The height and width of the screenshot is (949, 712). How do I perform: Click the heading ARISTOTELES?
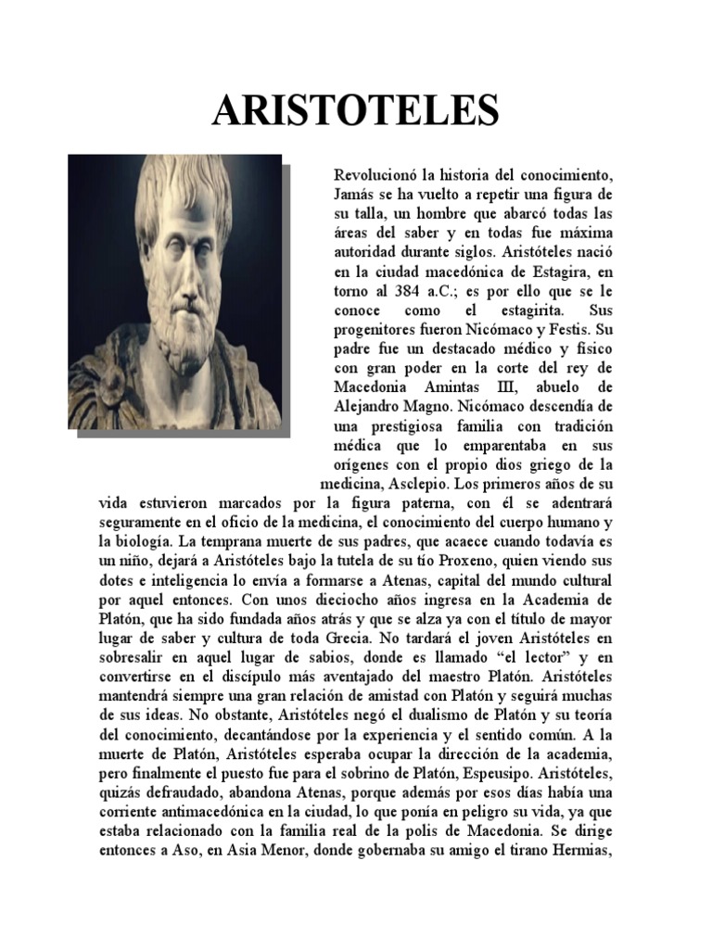(356, 110)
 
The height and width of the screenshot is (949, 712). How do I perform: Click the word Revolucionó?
(374, 174)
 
